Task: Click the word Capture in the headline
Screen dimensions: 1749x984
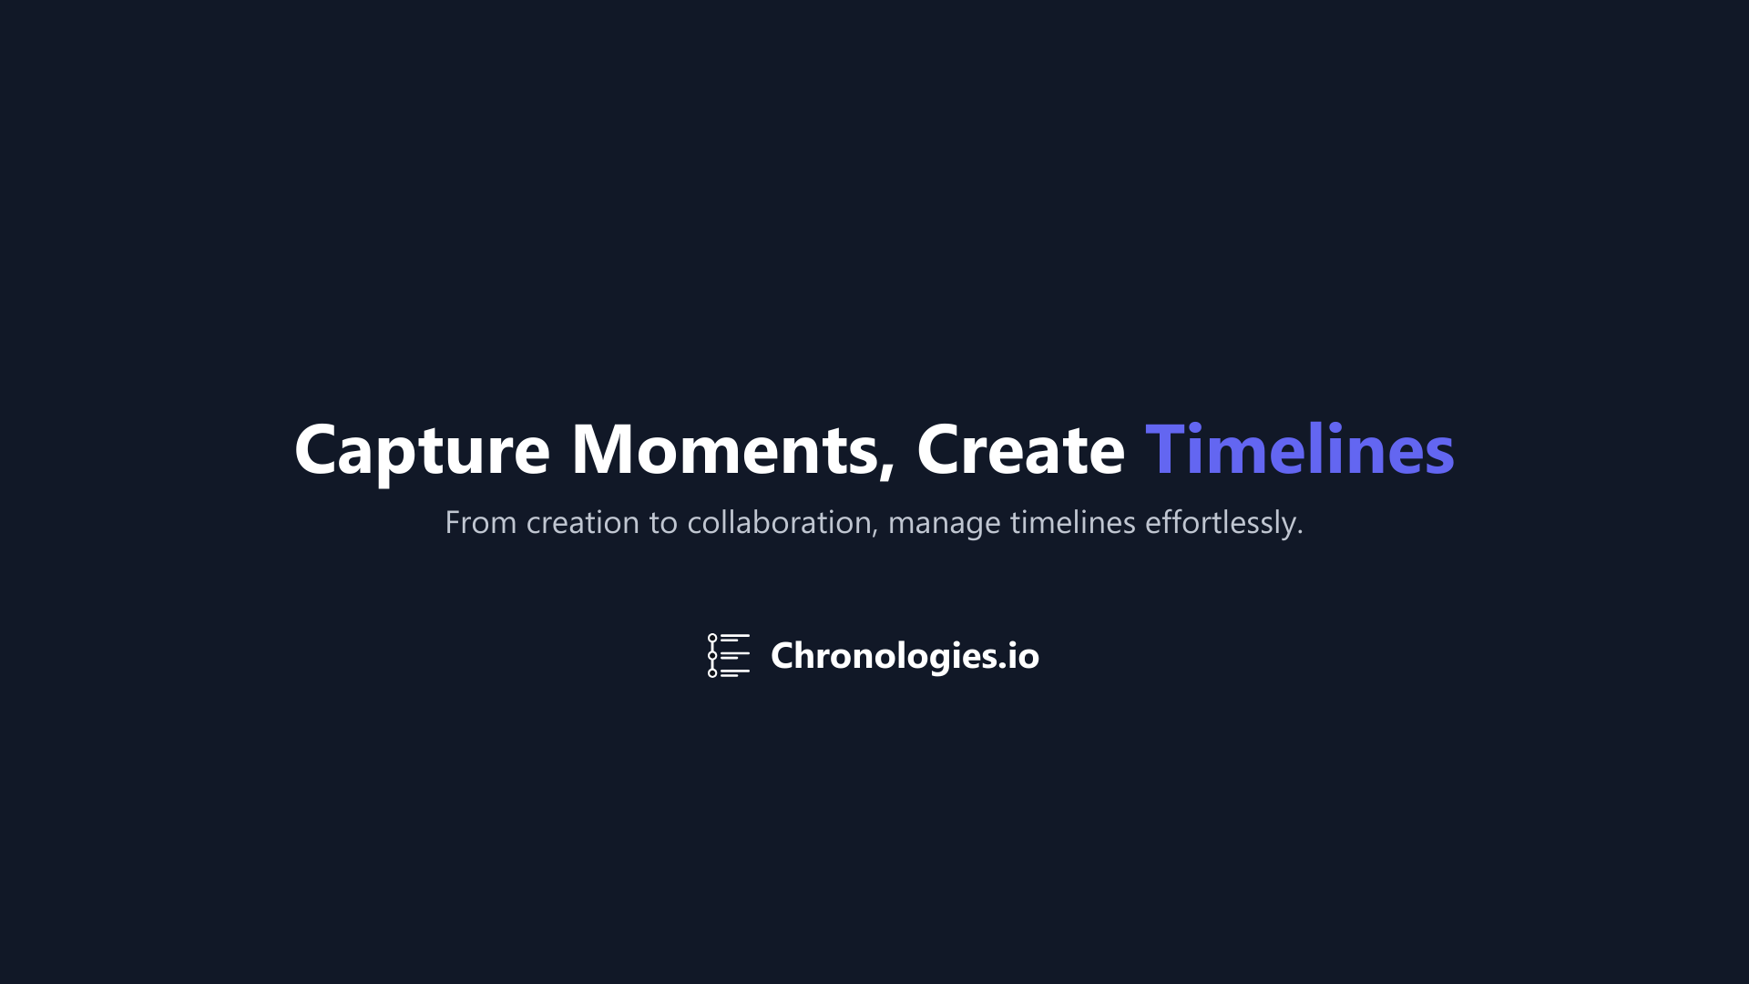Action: pos(422,451)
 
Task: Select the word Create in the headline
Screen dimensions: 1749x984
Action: pos(1020,449)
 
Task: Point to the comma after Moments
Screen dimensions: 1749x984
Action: pos(887,469)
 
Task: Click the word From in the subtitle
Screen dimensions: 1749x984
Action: pos(480,523)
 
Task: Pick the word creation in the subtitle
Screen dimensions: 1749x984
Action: pos(583,523)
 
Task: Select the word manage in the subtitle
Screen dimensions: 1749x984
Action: pos(944,526)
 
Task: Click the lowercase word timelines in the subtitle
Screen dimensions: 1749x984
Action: pos(1073,523)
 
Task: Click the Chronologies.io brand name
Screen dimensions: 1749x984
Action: pos(905,656)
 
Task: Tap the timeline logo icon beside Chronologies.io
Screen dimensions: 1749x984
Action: pos(729,655)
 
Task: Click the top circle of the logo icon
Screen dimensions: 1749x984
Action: pos(712,638)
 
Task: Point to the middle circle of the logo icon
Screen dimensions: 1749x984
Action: pos(712,655)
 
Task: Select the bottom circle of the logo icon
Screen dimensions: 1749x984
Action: pos(712,673)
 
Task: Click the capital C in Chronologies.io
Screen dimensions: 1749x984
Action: pos(783,656)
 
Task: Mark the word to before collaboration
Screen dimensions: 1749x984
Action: pos(663,524)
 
